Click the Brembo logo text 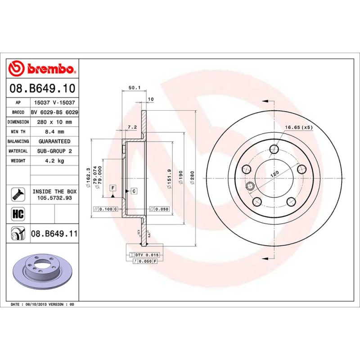(x=50, y=69)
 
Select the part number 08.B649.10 (x=42, y=89)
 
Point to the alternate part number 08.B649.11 (x=54, y=234)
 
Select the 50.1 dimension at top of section (x=134, y=88)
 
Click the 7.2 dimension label (x=132, y=127)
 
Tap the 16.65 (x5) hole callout (x=299, y=127)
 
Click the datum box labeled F (x=112, y=187)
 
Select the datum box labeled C (x=134, y=191)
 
